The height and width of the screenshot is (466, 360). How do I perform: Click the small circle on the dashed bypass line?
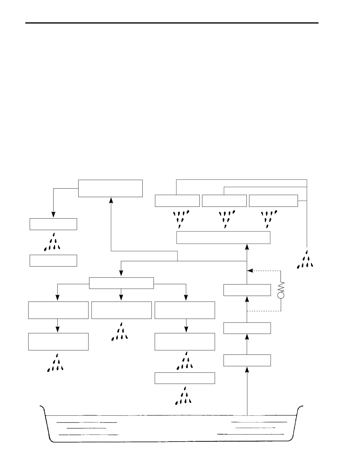click(x=281, y=295)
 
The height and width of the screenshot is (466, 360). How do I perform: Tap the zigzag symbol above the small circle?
click(x=281, y=287)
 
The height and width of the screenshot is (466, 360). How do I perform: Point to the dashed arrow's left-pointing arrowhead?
click(x=250, y=271)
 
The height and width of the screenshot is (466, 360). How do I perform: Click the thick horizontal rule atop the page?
click(x=172, y=23)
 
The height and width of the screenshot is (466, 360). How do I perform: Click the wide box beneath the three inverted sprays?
click(x=223, y=237)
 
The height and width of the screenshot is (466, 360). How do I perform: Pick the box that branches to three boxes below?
click(x=121, y=283)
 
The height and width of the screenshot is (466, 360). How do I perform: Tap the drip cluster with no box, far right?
click(x=305, y=260)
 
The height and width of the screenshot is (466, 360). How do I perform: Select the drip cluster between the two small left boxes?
click(x=52, y=243)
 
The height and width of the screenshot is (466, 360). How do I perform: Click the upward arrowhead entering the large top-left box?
click(x=111, y=200)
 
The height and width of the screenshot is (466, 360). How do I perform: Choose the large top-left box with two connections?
click(x=110, y=188)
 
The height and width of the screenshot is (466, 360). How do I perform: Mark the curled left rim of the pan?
click(x=42, y=407)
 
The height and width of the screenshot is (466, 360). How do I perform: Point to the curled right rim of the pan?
click(x=301, y=407)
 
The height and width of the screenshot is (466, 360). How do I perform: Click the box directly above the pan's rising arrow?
click(x=247, y=360)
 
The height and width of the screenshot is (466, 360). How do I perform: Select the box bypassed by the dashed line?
click(x=247, y=290)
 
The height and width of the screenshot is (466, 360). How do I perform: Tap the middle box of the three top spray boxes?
click(x=224, y=201)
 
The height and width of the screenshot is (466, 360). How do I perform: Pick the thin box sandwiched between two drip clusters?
click(x=185, y=378)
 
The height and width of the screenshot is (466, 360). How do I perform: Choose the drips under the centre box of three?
click(x=120, y=332)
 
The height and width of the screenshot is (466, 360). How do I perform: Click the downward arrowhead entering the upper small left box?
click(x=53, y=215)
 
